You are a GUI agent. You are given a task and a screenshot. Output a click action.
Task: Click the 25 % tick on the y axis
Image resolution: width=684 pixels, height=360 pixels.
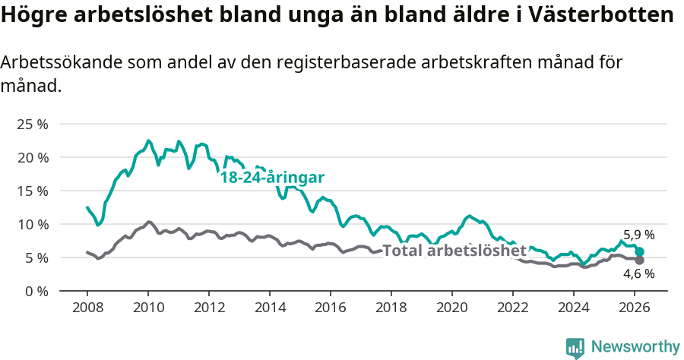(x=32, y=124)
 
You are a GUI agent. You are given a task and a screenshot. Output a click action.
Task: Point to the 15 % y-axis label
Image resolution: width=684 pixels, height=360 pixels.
(x=32, y=191)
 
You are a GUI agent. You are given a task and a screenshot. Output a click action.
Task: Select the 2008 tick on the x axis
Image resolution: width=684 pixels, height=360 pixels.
(x=87, y=308)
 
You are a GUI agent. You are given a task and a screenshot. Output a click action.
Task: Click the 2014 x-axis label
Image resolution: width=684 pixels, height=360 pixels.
(x=270, y=308)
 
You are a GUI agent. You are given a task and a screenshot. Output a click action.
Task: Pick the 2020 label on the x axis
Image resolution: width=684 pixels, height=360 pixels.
(x=452, y=308)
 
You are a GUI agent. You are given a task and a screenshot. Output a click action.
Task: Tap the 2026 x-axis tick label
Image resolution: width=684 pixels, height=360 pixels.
(x=635, y=308)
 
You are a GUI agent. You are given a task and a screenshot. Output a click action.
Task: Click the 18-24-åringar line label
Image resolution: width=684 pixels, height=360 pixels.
(x=272, y=178)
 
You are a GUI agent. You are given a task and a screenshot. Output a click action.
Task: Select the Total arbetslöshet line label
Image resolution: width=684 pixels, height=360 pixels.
(x=454, y=251)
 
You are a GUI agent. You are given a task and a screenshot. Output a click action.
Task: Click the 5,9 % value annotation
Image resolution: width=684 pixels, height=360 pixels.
(x=638, y=235)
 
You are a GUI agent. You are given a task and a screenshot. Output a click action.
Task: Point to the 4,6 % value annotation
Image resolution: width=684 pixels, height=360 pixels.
(x=638, y=274)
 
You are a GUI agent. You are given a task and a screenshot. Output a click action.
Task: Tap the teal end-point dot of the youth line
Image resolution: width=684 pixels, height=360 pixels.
(x=640, y=251)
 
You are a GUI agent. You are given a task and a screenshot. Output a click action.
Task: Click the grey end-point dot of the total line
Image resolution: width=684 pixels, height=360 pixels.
(x=640, y=261)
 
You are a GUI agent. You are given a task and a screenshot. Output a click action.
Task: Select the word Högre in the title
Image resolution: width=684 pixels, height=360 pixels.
(x=34, y=15)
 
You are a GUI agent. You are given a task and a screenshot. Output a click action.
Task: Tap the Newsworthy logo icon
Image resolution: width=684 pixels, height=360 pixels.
(x=575, y=347)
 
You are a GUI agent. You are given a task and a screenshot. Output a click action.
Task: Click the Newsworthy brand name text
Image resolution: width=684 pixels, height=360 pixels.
(x=635, y=347)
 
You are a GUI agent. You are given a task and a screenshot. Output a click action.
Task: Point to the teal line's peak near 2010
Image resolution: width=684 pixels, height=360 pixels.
(x=148, y=141)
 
